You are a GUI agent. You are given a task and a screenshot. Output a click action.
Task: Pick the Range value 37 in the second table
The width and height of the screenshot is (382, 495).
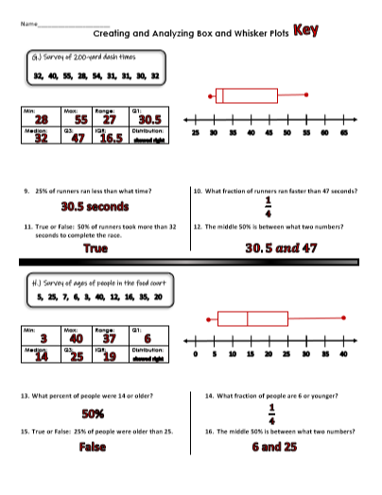click(x=111, y=338)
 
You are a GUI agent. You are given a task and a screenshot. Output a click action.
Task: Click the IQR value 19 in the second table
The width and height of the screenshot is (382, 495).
click(x=110, y=356)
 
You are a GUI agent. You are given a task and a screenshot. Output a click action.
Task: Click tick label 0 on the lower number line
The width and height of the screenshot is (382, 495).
click(x=195, y=354)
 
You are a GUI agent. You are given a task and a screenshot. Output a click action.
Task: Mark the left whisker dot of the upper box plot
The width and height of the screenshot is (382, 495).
click(x=210, y=95)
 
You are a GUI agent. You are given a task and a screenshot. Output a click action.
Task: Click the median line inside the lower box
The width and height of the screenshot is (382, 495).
click(x=247, y=317)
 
